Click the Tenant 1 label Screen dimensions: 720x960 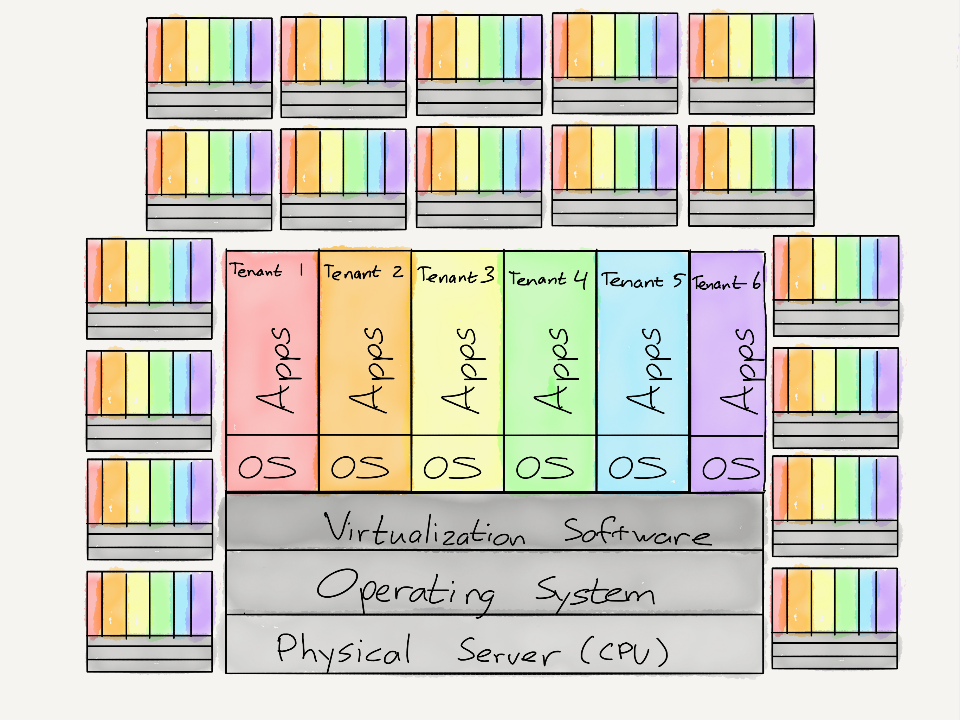tap(266, 270)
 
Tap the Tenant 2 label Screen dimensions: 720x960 tap(363, 272)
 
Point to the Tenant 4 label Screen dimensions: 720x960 tap(548, 279)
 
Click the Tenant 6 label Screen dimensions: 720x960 tap(725, 283)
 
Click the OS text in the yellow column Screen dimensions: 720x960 tap(452, 468)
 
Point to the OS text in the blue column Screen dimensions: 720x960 tap(637, 468)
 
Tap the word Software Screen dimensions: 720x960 tap(637, 532)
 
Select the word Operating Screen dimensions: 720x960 tap(405, 590)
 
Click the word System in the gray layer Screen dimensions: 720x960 tap(594, 592)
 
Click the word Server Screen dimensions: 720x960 tap(508, 651)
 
